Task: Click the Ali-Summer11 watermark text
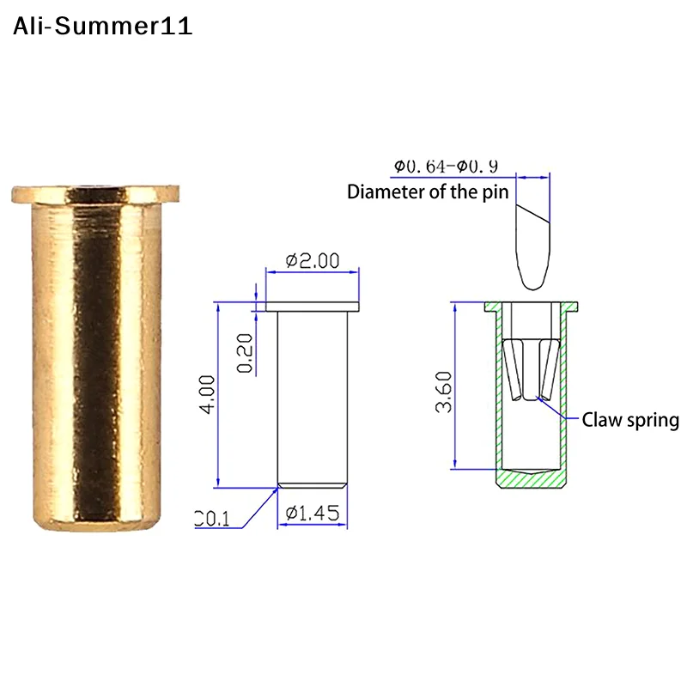102,26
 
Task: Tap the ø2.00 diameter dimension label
313,261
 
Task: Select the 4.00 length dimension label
207,394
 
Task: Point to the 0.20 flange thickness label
245,353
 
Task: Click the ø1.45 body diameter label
313,513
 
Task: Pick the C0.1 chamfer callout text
212,519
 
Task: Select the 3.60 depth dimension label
443,392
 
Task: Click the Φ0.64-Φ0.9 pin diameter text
446,167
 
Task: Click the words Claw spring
630,420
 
